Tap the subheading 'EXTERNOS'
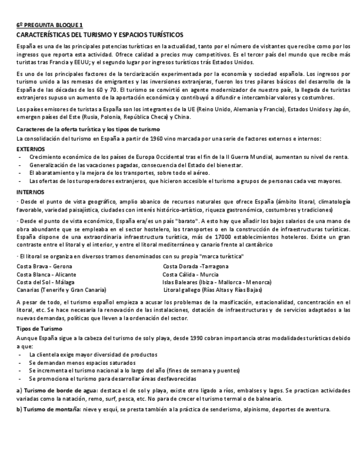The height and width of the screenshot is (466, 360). click(x=31, y=149)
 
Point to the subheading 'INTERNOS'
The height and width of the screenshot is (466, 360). click(x=31, y=192)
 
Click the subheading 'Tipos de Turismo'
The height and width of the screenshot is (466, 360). click(x=40, y=328)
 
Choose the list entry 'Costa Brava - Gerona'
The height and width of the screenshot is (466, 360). click(x=45, y=267)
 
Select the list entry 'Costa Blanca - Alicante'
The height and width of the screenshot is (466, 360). click(x=47, y=274)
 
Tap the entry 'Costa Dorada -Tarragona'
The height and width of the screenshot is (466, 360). click(x=196, y=267)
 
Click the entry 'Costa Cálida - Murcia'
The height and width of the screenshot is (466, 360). click(x=191, y=274)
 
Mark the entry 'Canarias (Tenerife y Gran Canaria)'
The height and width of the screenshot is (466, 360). click(x=62, y=290)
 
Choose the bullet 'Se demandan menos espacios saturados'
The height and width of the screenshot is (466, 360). click(x=82, y=363)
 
